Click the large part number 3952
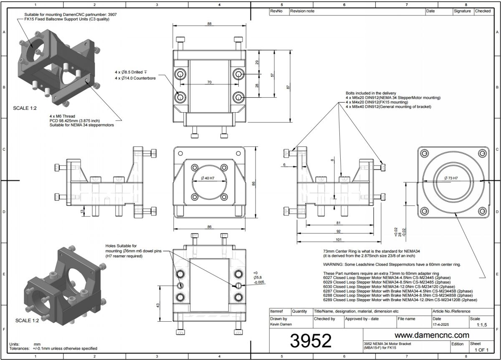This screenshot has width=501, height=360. click(x=311, y=340)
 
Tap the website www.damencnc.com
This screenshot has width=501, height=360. click(x=432, y=335)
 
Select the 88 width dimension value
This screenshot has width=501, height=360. click(x=209, y=24)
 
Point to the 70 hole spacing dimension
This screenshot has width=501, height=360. click(x=209, y=82)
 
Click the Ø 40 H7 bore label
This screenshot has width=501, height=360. click(x=207, y=178)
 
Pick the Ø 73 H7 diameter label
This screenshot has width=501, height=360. click(x=451, y=178)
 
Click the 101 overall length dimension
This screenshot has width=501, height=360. click(x=339, y=240)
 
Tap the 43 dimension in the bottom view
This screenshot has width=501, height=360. click(x=158, y=305)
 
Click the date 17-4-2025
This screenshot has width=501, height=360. click(x=440, y=325)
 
